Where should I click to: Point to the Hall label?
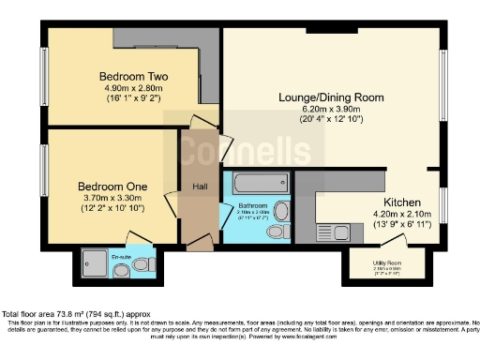tap(200, 185)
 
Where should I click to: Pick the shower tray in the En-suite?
tap(97, 262)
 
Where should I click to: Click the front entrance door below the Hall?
tap(198, 245)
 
